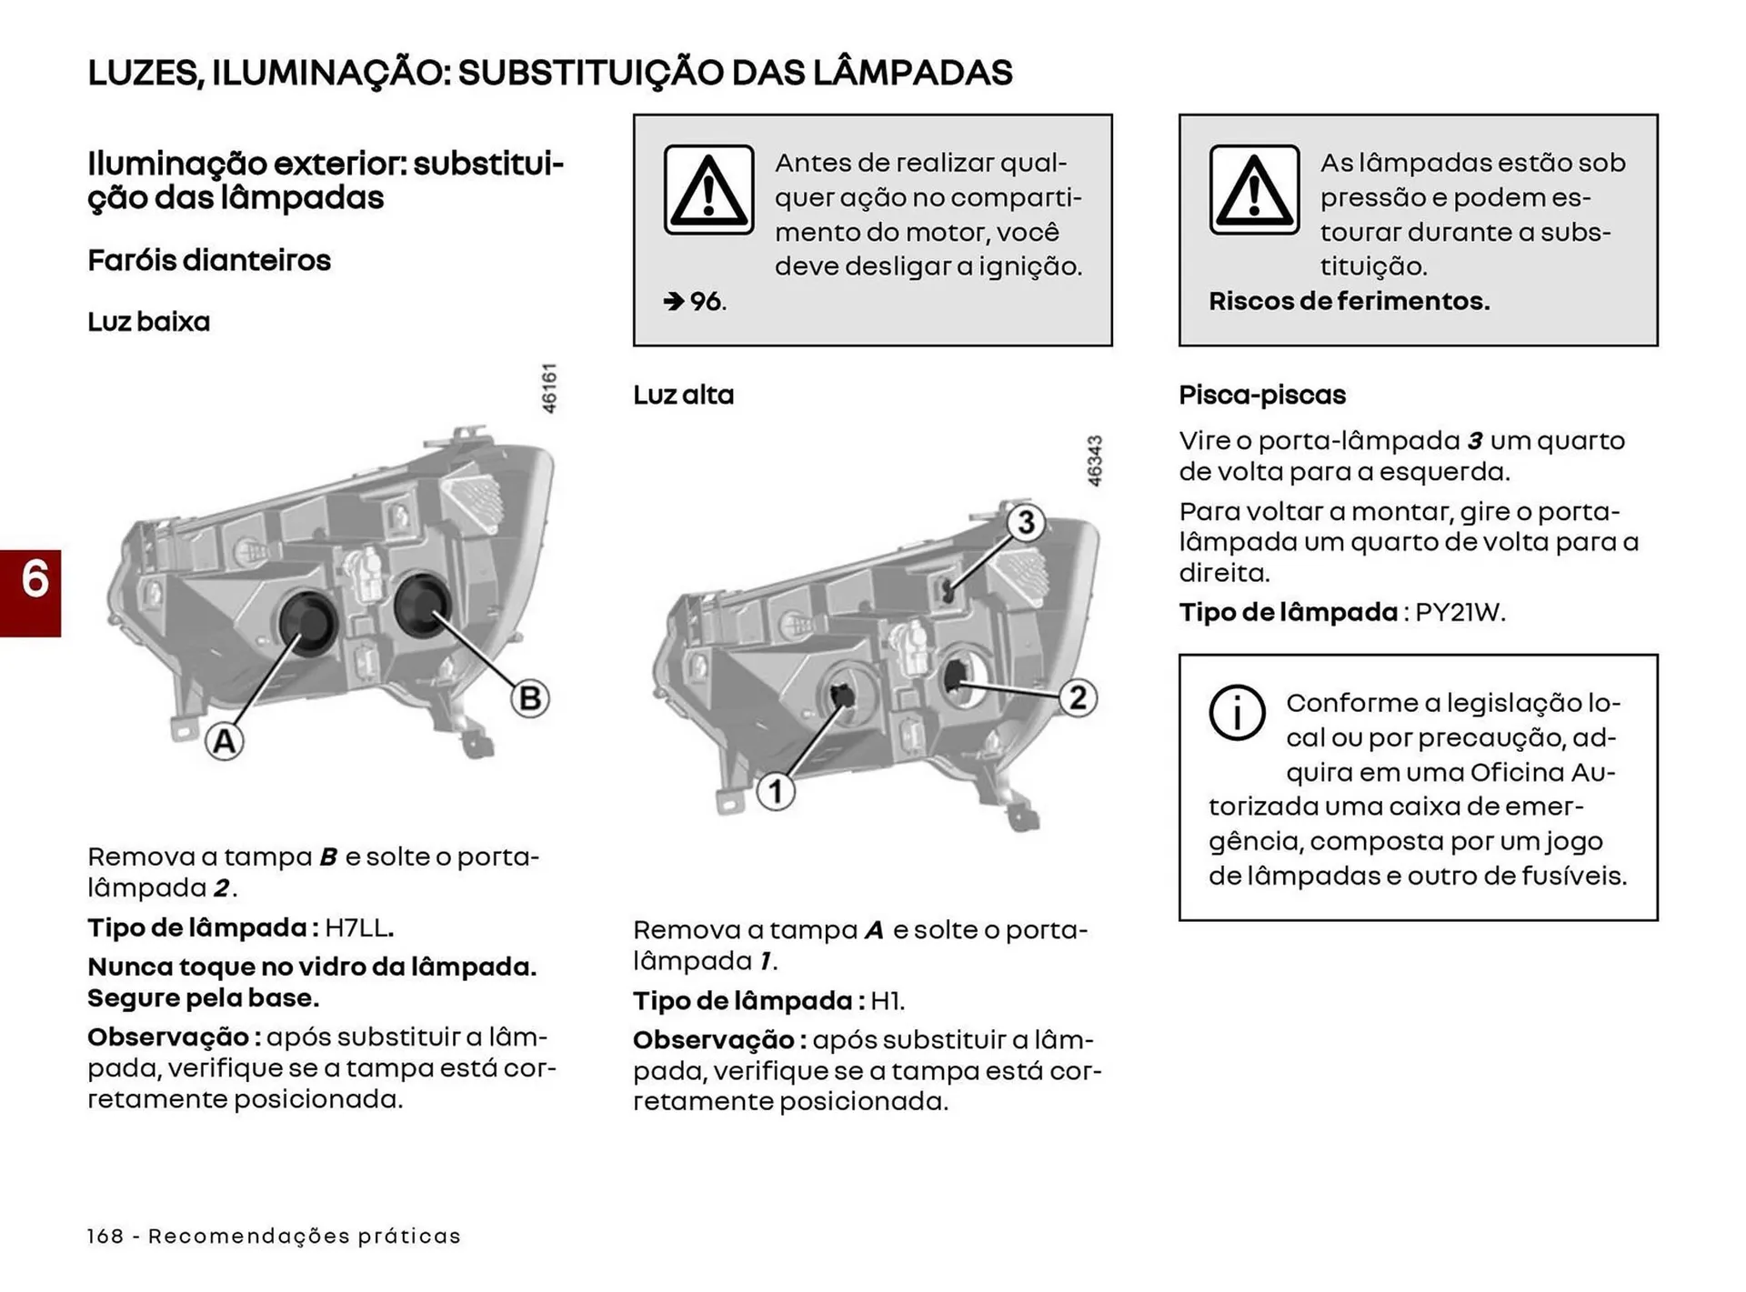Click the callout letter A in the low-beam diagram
(x=224, y=741)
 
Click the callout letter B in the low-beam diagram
(x=529, y=698)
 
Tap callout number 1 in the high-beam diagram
(x=776, y=791)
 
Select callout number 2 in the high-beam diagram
(x=1078, y=697)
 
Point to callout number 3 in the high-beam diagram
(x=1026, y=522)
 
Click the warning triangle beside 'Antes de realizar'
(x=708, y=190)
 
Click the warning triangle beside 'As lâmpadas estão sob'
(x=1254, y=190)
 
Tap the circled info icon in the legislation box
(x=1237, y=712)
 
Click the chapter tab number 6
(x=34, y=580)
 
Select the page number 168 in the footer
(x=105, y=1236)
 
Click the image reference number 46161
(x=549, y=388)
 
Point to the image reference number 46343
(x=1095, y=460)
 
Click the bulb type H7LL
(x=358, y=928)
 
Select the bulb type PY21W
(x=1460, y=612)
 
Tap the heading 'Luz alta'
(x=683, y=395)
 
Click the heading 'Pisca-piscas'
(x=1261, y=395)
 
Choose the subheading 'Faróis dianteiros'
(x=209, y=260)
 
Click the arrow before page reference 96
(x=674, y=301)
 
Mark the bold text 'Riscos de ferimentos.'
(x=1349, y=301)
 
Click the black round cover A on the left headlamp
(x=306, y=622)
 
